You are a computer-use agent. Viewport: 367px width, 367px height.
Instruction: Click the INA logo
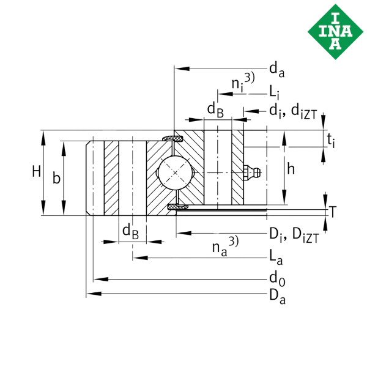pos(335,32)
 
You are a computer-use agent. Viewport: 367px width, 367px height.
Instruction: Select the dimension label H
pos(37,171)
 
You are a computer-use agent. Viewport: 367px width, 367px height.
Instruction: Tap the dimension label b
pos(56,177)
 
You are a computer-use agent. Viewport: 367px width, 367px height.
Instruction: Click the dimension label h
pos(291,169)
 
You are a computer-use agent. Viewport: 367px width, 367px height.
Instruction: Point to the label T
pos(333,212)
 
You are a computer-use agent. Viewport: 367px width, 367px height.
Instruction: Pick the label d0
pos(277,278)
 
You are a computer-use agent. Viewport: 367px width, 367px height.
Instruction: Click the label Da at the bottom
pos(277,297)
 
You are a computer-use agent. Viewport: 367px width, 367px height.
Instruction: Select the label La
pos(276,258)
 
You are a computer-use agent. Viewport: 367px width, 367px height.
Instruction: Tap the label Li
pos(274,92)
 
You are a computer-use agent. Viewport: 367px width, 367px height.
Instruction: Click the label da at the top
pos(277,70)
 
